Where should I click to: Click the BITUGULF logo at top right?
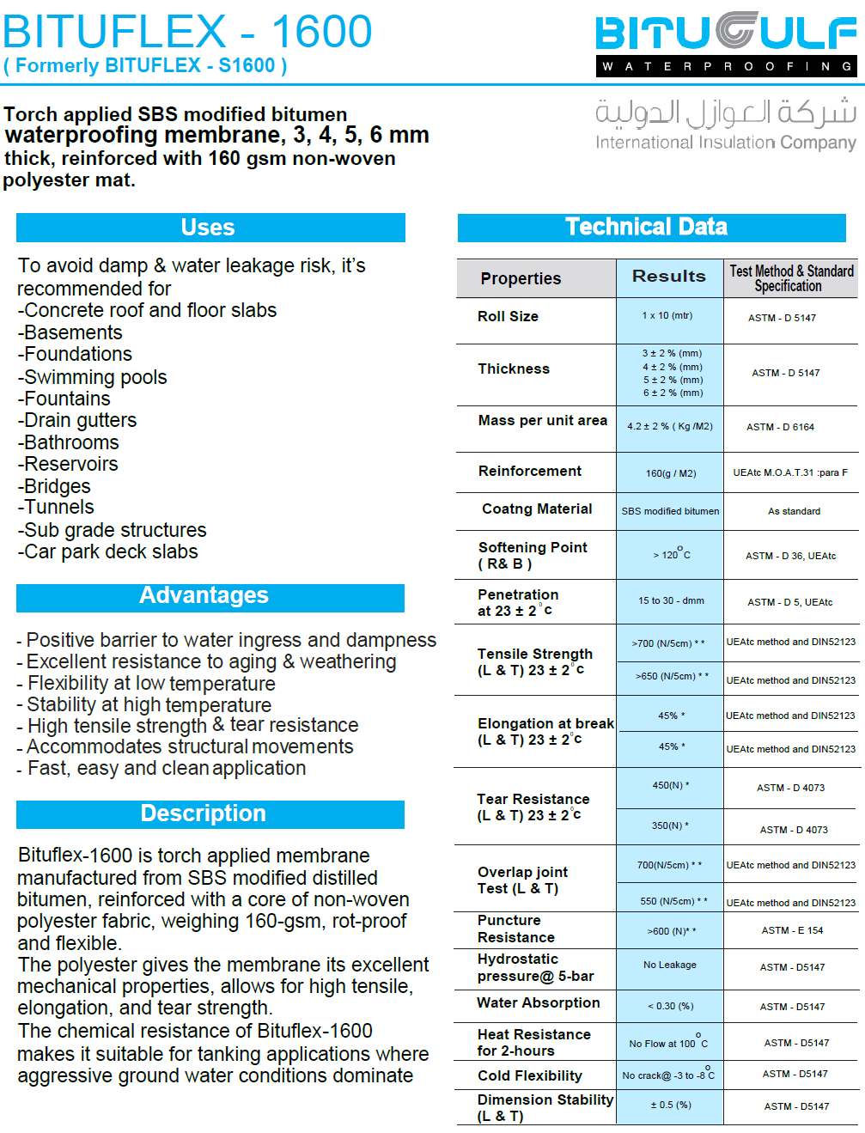pyautogui.click(x=726, y=43)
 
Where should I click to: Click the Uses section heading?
pyautogui.click(x=208, y=228)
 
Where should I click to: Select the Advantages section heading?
pyautogui.click(x=204, y=596)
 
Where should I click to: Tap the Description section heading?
pyautogui.click(x=204, y=813)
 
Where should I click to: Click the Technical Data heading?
pyautogui.click(x=646, y=227)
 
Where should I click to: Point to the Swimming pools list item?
pyautogui.click(x=94, y=377)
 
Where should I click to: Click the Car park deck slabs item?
pyautogui.click(x=110, y=551)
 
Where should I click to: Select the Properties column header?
pyautogui.click(x=521, y=278)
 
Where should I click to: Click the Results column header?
pyautogui.click(x=668, y=276)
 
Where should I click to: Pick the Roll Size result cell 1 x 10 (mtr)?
pyautogui.click(x=667, y=315)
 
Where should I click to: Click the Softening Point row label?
pyautogui.click(x=532, y=555)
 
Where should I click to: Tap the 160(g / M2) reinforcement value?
pyautogui.click(x=671, y=473)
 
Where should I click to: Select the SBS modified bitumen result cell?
pyautogui.click(x=670, y=511)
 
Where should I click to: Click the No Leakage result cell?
pyautogui.click(x=670, y=965)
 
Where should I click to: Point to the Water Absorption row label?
pyautogui.click(x=539, y=1002)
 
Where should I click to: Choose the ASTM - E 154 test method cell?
pyautogui.click(x=792, y=930)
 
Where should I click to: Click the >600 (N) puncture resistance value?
pyautogui.click(x=671, y=931)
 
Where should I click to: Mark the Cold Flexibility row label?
pyautogui.click(x=530, y=1075)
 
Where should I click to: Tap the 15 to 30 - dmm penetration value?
pyautogui.click(x=671, y=600)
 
